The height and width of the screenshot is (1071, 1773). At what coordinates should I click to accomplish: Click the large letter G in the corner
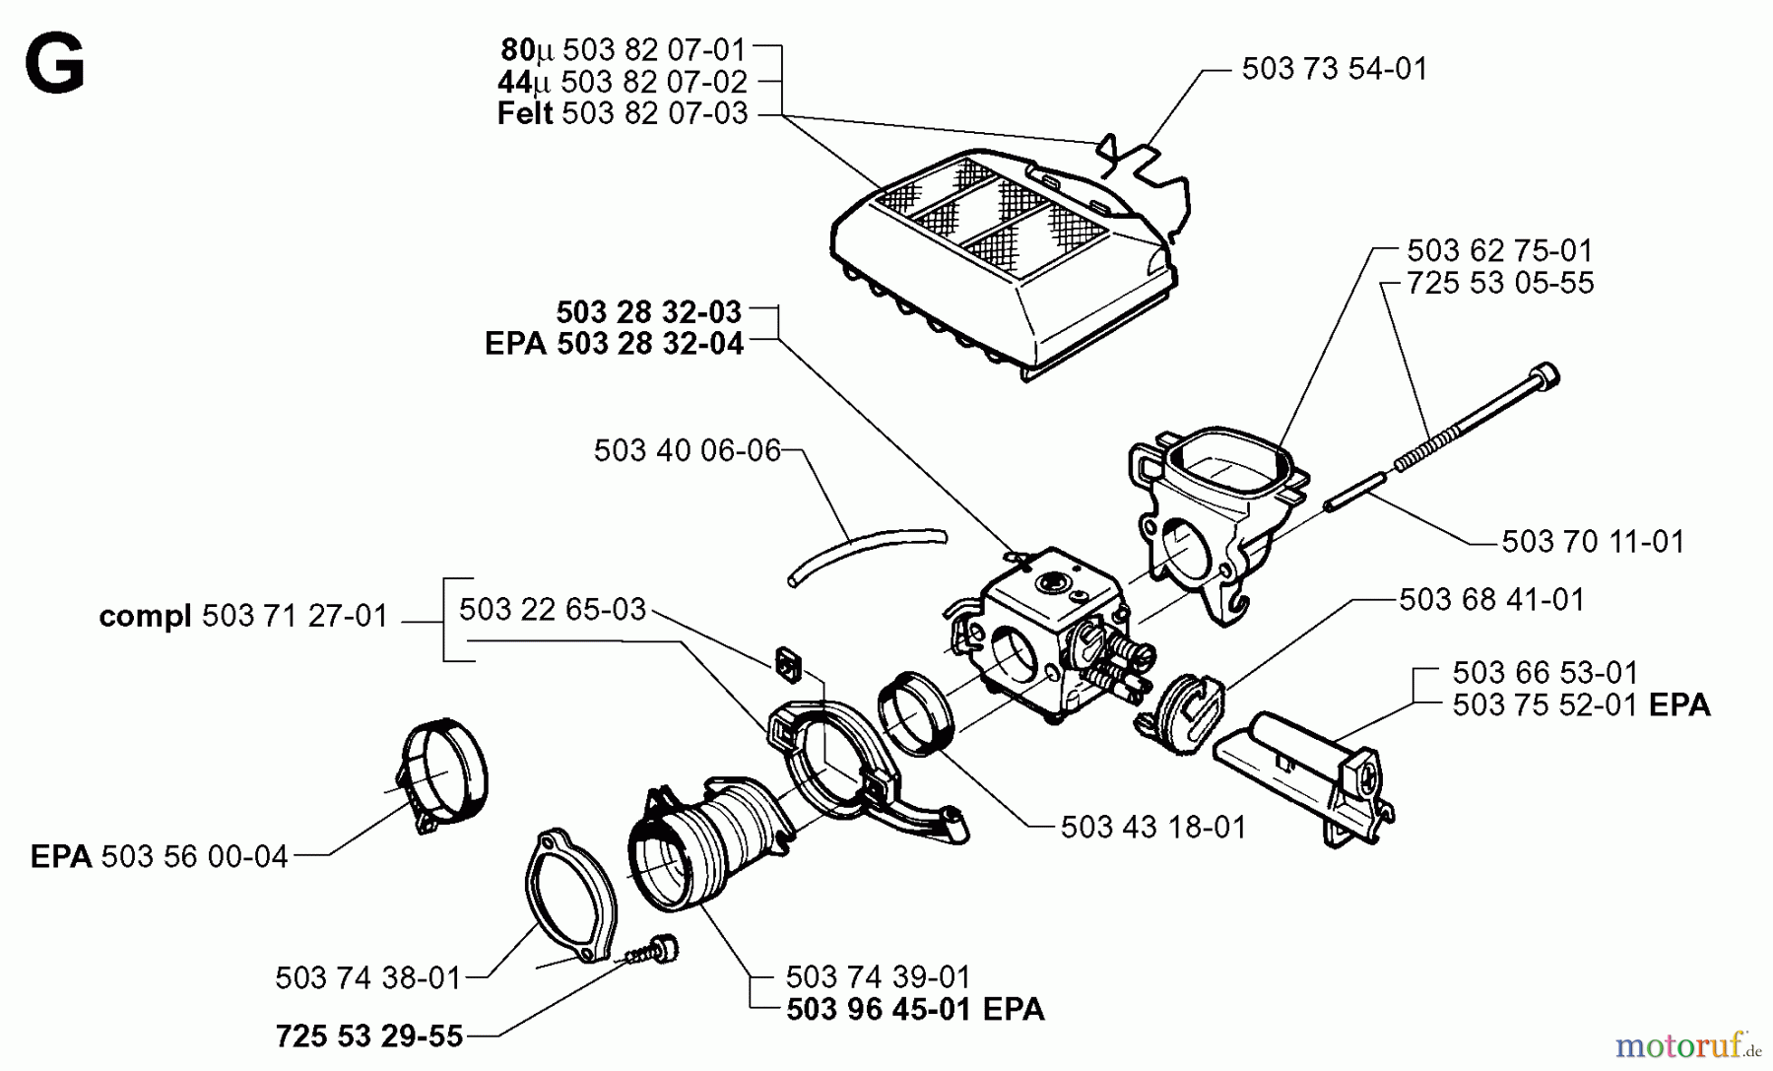[x=55, y=64]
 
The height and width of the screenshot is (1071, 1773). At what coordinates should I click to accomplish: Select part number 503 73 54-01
[x=1334, y=69]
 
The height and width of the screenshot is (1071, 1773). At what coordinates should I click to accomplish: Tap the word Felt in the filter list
[x=524, y=113]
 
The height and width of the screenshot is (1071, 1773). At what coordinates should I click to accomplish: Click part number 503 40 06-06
[x=687, y=450]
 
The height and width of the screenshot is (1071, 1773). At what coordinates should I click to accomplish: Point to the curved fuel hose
[x=867, y=554]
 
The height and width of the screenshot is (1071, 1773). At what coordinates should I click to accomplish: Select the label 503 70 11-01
[x=1593, y=542]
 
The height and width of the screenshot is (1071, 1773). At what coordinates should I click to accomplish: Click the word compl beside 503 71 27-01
[x=145, y=617]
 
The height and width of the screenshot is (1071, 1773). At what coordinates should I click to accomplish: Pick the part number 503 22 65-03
[x=553, y=609]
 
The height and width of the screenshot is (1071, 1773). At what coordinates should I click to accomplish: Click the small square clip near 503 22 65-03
[x=787, y=664]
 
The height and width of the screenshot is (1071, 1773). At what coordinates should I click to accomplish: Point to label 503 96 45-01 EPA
[x=915, y=1010]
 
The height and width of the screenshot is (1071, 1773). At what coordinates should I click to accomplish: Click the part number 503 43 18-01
[x=1153, y=827]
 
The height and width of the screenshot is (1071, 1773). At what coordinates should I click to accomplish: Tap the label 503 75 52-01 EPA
[x=1580, y=705]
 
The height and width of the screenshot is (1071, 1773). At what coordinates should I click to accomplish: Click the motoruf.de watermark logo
[x=1687, y=1043]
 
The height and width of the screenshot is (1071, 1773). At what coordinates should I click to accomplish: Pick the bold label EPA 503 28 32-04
[x=614, y=344]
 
